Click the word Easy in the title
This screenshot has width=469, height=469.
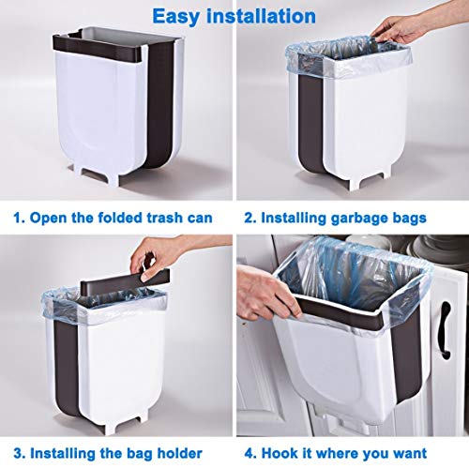click(176, 17)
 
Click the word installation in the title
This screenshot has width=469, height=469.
click(261, 16)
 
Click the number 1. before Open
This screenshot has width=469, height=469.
click(20, 218)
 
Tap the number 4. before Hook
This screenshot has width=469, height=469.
click(251, 453)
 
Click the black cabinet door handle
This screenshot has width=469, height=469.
click(445, 328)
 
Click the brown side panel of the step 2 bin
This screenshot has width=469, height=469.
click(310, 122)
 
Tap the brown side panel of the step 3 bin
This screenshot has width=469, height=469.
click(67, 366)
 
